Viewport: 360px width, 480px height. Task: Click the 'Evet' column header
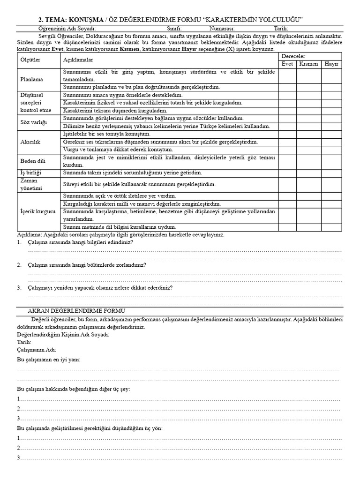pyautogui.click(x=287, y=64)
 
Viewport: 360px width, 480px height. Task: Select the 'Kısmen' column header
pyautogui.click(x=308, y=64)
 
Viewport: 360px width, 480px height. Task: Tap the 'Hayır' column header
pyautogui.click(x=331, y=64)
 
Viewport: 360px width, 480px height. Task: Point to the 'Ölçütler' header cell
pyautogui.click(x=30, y=60)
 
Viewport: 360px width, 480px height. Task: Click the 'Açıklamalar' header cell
pyautogui.click(x=78, y=60)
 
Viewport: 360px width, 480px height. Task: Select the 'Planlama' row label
pyautogui.click(x=31, y=79)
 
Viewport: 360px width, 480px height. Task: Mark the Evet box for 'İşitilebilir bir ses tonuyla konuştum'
pyautogui.click(x=287, y=134)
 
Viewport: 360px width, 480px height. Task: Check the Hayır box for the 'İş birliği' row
pyautogui.click(x=331, y=173)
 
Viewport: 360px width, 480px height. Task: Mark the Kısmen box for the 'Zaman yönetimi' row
pyautogui.click(x=308, y=184)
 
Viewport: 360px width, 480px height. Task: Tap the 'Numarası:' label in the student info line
pyautogui.click(x=225, y=28)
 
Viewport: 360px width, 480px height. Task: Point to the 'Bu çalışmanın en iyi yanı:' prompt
pyautogui.click(x=48, y=360)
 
